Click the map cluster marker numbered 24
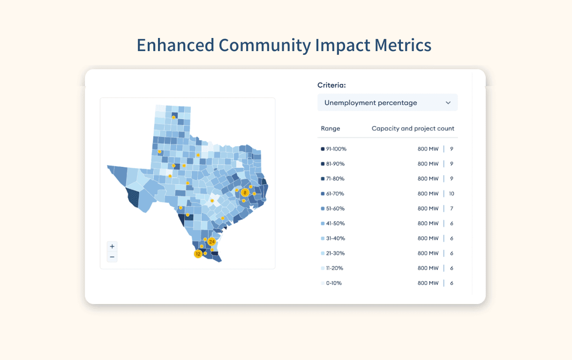click(x=212, y=241)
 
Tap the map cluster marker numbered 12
click(x=198, y=254)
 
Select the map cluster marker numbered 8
click(x=245, y=193)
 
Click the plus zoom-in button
click(x=112, y=247)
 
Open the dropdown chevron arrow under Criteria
click(x=448, y=103)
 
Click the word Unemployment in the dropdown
click(x=349, y=103)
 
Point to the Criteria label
click(x=331, y=85)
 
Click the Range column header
click(x=331, y=128)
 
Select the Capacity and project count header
click(x=413, y=128)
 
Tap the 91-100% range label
click(x=336, y=149)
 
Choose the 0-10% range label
click(x=334, y=283)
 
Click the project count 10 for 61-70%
click(x=452, y=194)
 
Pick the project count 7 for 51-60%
click(x=452, y=209)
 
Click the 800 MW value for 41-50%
click(x=428, y=224)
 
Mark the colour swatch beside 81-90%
click(x=323, y=164)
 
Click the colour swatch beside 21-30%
click(x=323, y=253)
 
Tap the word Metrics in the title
click(x=403, y=45)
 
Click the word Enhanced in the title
click(x=175, y=45)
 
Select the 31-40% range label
click(x=336, y=239)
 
